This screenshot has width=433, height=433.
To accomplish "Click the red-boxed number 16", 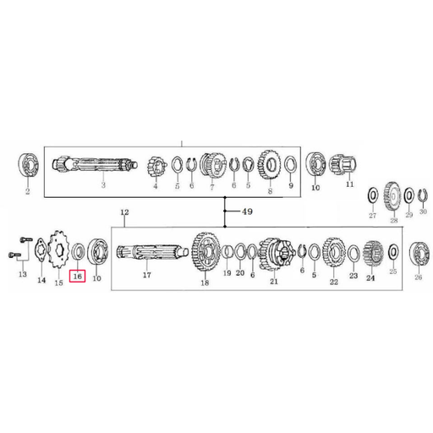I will coord(78,276).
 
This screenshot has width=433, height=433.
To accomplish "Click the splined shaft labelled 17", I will coord(145,252).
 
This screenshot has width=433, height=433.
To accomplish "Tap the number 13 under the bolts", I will coord(22,276).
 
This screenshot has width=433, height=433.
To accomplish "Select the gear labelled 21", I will coord(273,252).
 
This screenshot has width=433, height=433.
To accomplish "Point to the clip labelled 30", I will coord(424,196).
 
